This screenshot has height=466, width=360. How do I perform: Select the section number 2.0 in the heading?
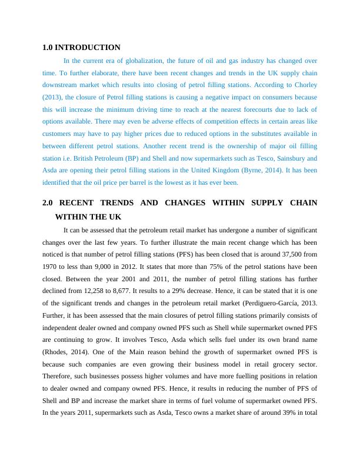(x=49, y=203)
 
